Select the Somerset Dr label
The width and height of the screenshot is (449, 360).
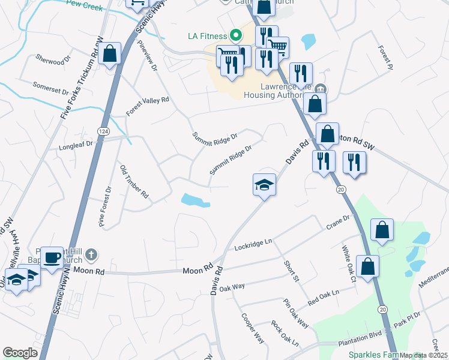51,89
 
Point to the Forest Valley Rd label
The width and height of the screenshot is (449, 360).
148,107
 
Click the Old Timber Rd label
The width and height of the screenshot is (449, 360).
134,182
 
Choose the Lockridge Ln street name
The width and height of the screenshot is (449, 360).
253,244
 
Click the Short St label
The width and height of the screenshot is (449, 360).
292,270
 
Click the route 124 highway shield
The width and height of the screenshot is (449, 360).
101,130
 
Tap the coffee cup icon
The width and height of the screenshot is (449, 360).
52,257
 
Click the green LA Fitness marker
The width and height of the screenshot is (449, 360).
236,35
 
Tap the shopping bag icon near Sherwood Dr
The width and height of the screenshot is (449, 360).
110,54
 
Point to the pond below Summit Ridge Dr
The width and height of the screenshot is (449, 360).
194,200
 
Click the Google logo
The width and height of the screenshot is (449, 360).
20,353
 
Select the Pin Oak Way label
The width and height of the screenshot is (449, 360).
296,313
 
